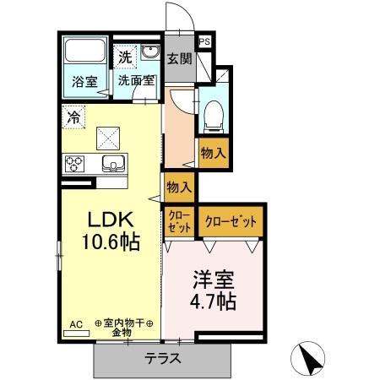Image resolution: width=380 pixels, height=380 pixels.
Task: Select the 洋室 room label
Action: coord(212,279)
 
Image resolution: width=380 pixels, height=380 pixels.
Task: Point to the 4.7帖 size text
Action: coord(212,300)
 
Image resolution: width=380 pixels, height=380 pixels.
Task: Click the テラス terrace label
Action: coord(163,357)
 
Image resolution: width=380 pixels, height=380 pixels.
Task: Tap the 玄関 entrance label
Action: coord(178,59)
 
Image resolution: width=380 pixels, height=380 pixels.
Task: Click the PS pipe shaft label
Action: coord(205,41)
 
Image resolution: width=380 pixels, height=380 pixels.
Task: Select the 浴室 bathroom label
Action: coord(84,82)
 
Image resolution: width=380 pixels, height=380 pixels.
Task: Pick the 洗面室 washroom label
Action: coord(136,82)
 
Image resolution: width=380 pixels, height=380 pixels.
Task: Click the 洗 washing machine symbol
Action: coord(125,57)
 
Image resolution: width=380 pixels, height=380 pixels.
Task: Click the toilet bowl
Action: coord(213,111)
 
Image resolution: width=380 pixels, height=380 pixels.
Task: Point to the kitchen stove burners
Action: coord(73,163)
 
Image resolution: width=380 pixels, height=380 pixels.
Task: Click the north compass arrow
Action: coord(310,359)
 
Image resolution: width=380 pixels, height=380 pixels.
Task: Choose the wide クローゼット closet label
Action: coord(231,221)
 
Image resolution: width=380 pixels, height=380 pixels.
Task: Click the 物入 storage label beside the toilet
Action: coord(211,153)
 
